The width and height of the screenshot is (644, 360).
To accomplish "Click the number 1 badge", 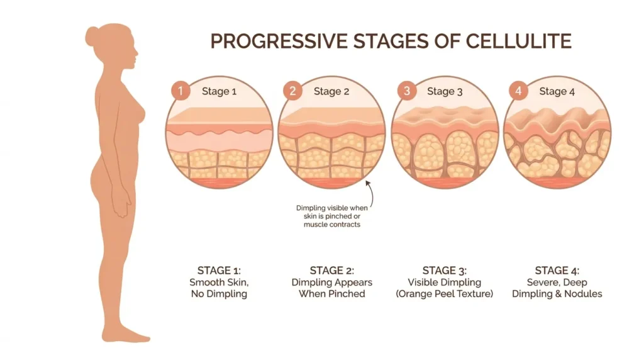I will (x=180, y=91).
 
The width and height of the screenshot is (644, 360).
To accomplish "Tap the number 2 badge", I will (x=292, y=91).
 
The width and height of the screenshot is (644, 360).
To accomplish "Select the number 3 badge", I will (x=407, y=91).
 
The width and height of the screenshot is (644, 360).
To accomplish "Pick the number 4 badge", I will (x=518, y=91).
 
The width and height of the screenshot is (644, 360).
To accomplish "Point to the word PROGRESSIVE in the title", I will (x=275, y=42).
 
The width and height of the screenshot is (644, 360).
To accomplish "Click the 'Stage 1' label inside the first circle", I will (x=219, y=92).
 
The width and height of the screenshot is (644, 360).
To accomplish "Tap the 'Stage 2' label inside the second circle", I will (x=331, y=92).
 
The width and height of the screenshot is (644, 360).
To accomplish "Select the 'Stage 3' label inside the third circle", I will (x=445, y=92).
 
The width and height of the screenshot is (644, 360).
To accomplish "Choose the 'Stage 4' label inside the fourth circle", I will (x=557, y=92).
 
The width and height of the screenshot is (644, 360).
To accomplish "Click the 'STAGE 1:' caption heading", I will (x=218, y=271).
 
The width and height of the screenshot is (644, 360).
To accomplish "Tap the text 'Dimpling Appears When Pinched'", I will (x=331, y=288).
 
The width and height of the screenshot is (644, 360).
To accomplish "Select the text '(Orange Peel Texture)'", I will (x=445, y=294).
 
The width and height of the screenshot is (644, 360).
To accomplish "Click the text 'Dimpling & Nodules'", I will (x=557, y=294).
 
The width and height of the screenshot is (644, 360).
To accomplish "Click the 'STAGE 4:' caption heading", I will (x=557, y=271).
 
